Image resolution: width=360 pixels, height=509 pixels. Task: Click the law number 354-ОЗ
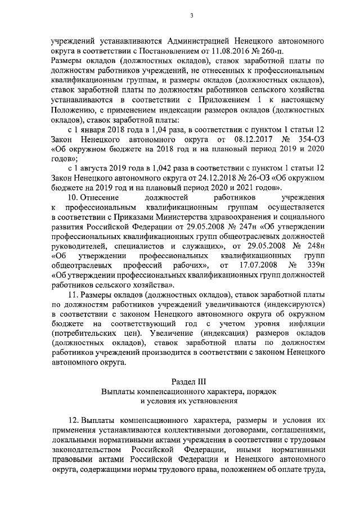click(310, 140)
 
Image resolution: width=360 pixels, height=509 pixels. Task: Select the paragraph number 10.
click(73, 198)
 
